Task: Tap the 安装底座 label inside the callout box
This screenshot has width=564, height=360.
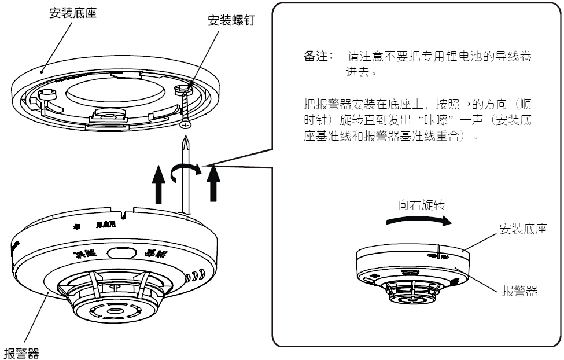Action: [523, 230]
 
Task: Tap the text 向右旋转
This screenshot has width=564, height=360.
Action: [421, 205]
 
